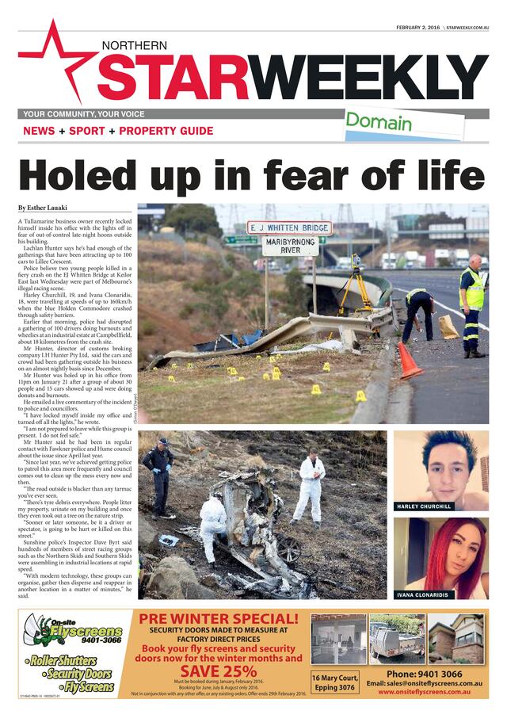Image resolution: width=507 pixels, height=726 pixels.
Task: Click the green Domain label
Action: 378,122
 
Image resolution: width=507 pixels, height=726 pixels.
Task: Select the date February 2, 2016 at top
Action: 417,27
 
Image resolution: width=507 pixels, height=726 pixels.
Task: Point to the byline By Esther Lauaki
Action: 44,208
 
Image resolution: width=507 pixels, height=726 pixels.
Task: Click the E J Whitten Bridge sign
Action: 288,228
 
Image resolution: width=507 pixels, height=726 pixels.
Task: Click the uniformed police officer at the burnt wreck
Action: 158,476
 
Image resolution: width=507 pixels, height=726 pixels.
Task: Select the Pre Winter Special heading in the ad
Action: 219,618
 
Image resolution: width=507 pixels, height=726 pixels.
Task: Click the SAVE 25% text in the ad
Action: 219,670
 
